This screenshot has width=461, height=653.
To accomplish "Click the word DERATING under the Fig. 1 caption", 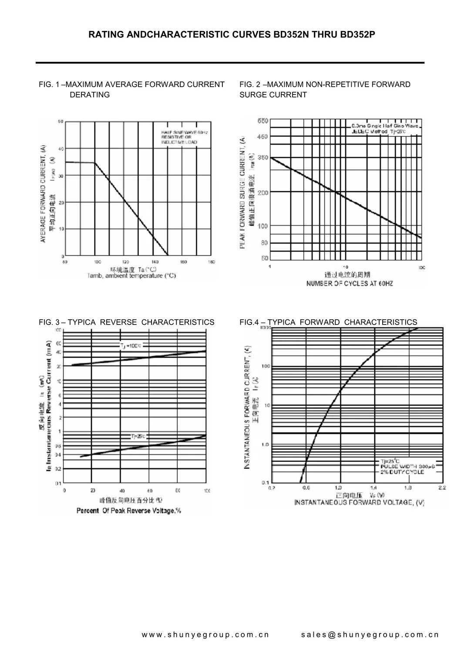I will click(90, 95).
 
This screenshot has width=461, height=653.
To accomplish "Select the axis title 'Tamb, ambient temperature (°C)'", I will click(131, 276).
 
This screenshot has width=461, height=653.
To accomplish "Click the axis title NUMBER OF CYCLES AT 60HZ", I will click(350, 284).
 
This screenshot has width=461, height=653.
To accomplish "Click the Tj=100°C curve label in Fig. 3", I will click(131, 345).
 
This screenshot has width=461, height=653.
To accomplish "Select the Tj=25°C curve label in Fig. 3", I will click(138, 436).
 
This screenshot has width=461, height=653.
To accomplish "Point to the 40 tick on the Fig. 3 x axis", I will click(122, 491).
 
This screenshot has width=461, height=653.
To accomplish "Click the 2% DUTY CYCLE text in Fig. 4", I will click(402, 472).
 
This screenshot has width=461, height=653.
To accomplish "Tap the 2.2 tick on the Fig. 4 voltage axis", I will click(442, 488).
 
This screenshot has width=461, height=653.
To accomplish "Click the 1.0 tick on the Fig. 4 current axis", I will click(265, 444).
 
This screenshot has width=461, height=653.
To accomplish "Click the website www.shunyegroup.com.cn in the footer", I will click(205, 635).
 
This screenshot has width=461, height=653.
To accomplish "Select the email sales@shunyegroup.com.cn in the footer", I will click(370, 635).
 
